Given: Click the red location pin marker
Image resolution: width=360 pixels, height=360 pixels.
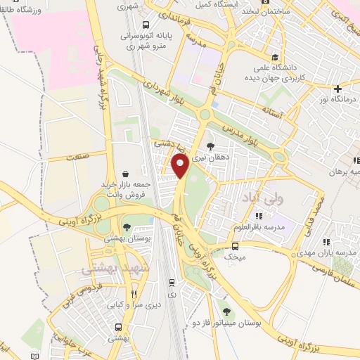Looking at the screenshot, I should pyautogui.click(x=180, y=166).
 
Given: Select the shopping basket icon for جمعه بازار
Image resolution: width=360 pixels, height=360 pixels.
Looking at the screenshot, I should pyautogui.click(x=126, y=173).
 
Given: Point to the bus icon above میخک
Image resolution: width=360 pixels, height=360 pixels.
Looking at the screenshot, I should pyautogui.click(x=235, y=246).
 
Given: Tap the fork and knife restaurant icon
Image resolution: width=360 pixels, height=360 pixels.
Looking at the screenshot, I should pyautogui.click(x=134, y=295).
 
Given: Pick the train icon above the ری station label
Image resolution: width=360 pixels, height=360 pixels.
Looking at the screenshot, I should pyautogui.click(x=172, y=282).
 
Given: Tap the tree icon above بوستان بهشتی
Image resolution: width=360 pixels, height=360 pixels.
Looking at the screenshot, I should pyautogui.click(x=126, y=227).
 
